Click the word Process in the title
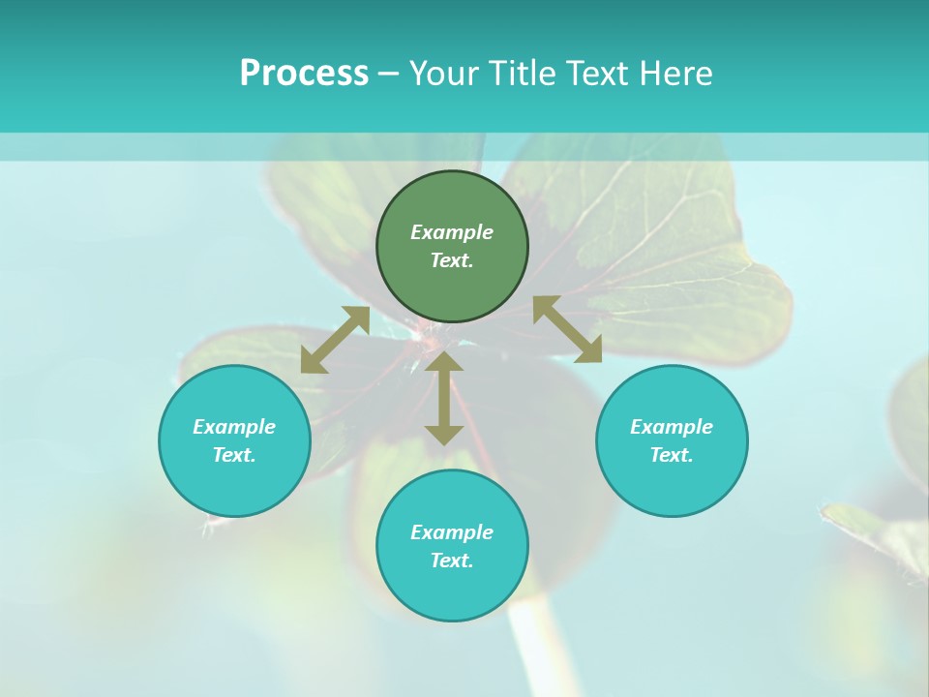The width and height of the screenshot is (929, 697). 304,74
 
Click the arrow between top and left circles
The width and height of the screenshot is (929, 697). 335,340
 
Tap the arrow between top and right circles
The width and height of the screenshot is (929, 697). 568,329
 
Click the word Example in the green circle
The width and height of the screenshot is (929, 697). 452,232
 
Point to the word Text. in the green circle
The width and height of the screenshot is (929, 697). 452,260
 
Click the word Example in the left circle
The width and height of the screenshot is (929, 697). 234,427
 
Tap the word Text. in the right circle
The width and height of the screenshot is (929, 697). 672,455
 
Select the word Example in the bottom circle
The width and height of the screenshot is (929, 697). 452,532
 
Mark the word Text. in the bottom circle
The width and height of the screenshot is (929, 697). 452,561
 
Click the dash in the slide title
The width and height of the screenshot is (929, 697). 389,74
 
